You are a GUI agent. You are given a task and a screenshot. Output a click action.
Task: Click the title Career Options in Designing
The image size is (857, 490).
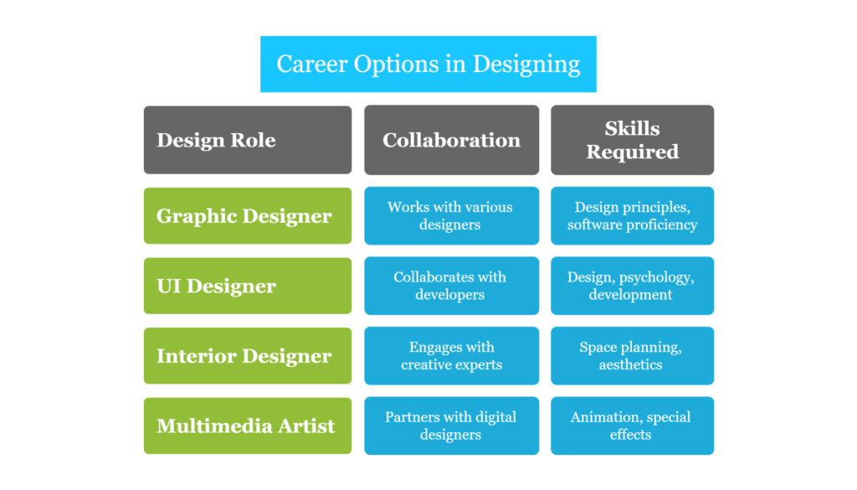tap(428, 64)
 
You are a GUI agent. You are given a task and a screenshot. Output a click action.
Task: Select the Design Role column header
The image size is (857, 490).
tap(248, 140)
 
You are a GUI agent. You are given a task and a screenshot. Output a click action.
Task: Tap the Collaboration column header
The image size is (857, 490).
tap(451, 140)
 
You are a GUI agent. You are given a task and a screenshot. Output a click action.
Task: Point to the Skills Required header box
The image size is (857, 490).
tap(633, 140)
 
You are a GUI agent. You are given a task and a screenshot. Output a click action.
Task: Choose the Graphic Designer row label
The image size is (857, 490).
tap(248, 215)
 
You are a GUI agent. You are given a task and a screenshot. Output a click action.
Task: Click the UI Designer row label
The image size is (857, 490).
tap(248, 286)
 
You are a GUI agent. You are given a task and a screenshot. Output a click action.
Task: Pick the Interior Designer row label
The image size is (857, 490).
tap(248, 355)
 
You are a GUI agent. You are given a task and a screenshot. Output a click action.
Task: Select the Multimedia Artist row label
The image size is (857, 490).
tap(248, 426)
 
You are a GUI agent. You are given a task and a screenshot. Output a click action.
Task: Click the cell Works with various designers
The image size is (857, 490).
tap(451, 215)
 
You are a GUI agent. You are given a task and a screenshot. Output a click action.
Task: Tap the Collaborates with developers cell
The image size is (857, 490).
tap(451, 286)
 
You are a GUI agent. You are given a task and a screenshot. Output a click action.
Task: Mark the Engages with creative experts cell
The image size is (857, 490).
tap(451, 355)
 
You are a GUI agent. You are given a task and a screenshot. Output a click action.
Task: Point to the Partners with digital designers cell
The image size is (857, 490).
tap(451, 426)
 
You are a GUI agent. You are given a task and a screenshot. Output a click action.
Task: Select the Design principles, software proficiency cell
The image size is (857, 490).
tap(633, 215)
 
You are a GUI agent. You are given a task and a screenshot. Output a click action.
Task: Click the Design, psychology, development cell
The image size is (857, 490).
tap(633, 286)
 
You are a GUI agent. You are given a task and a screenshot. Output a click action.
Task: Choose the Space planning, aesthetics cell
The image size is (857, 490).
tap(633, 355)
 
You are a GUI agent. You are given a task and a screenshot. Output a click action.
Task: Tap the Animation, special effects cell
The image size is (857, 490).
tap(633, 426)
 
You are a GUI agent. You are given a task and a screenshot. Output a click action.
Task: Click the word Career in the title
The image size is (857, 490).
tap(312, 64)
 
